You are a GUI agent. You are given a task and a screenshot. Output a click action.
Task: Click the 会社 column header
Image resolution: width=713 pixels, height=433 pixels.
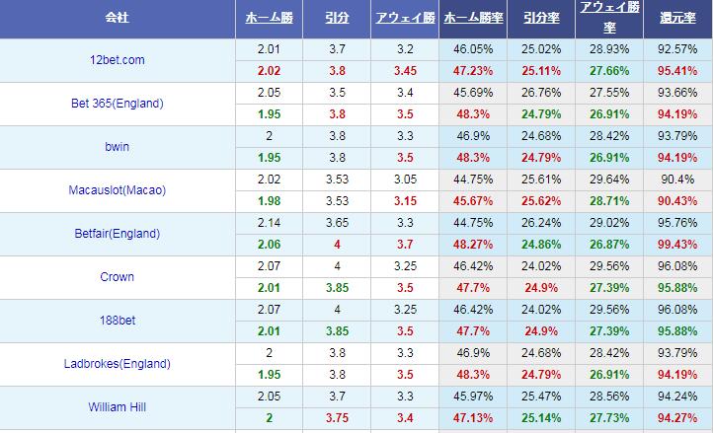[119, 19]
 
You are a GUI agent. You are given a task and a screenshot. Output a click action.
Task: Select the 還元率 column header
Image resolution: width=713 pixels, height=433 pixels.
[676, 19]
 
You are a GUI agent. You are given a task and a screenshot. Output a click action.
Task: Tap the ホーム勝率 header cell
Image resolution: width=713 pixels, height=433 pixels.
[472, 19]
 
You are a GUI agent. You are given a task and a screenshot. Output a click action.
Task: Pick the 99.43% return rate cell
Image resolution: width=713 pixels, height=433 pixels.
[676, 245]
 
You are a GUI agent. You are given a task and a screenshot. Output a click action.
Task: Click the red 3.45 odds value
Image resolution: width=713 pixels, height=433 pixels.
[405, 71]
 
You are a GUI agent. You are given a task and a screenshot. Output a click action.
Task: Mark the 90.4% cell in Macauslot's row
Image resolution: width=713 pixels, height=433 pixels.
[676, 180]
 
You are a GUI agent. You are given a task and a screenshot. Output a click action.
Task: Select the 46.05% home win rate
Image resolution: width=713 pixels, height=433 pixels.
[472, 49]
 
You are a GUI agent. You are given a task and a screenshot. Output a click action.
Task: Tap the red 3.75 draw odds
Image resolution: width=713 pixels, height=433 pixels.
[336, 418]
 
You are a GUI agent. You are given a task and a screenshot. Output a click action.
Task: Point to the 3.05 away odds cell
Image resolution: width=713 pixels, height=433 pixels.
[405, 180]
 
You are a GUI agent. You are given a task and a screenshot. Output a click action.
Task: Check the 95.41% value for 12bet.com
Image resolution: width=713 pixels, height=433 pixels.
[676, 71]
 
